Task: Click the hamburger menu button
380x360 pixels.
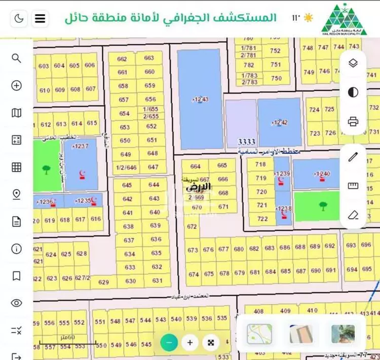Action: click(x=40, y=19)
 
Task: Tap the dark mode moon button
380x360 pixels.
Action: click(x=19, y=19)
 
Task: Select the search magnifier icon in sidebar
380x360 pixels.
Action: click(x=16, y=58)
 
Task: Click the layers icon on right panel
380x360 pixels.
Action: click(x=353, y=63)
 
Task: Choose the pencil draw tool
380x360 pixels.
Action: click(x=353, y=157)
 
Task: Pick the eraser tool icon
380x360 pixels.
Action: click(x=353, y=214)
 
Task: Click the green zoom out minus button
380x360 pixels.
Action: click(x=169, y=342)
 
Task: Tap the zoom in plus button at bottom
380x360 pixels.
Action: click(x=190, y=342)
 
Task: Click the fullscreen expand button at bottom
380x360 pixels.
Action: click(x=211, y=342)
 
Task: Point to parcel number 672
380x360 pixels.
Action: click(x=192, y=227)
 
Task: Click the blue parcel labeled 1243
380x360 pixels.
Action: click(x=199, y=99)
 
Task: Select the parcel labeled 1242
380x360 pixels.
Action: click(x=279, y=122)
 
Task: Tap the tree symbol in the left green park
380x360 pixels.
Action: click(x=46, y=169)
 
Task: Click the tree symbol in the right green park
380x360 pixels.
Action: click(x=322, y=206)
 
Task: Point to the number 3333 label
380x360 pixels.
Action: click(x=247, y=142)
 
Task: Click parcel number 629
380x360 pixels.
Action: click(x=103, y=282)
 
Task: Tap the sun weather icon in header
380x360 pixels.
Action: click(x=308, y=18)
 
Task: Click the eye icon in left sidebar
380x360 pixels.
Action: click(x=16, y=303)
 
